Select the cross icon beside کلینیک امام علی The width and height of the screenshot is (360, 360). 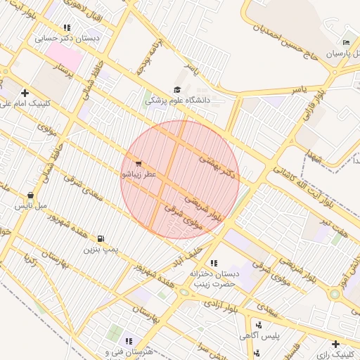[25, 93]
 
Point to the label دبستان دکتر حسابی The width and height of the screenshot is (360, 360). [68, 39]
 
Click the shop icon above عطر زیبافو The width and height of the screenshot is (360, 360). [137, 163]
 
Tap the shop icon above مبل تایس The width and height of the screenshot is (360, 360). [30, 195]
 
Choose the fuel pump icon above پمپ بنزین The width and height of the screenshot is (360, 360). [102, 238]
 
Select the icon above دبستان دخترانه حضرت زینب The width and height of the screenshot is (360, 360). [214, 262]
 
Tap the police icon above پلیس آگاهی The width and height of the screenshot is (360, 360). [259, 325]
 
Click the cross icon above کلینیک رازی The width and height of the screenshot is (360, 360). [335, 343]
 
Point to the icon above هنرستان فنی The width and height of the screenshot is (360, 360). [129, 341]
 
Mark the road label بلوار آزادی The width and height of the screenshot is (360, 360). [220, 306]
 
